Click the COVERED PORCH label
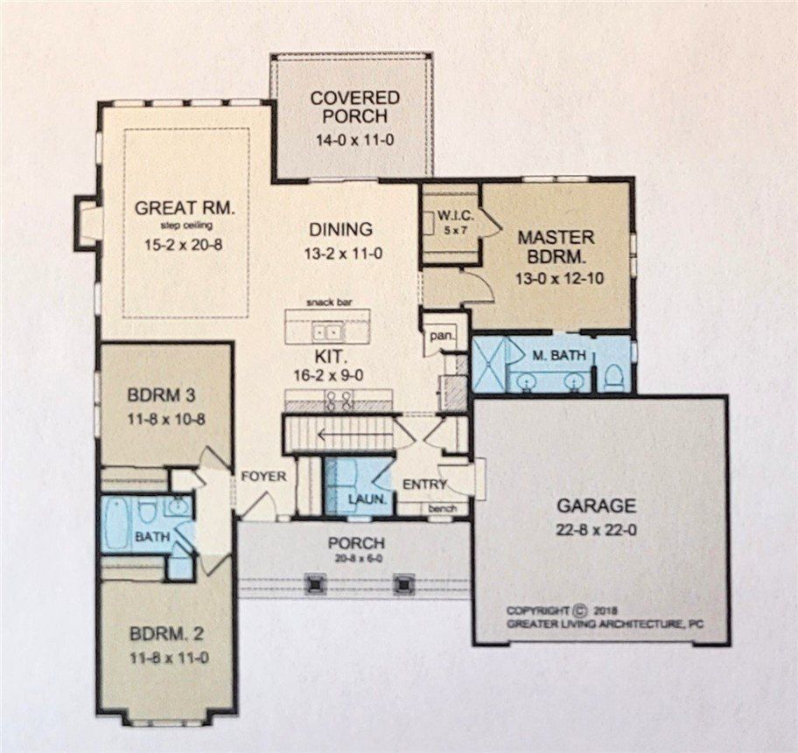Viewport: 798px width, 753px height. pos(354,107)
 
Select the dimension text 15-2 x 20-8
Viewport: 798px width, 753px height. pos(184,245)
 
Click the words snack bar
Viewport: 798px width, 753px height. pos(326,302)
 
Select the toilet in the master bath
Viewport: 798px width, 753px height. pos(613,376)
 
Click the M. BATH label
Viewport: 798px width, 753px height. pos(552,355)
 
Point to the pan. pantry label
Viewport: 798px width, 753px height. pos(437,334)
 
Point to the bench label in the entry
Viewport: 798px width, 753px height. pos(439,507)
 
